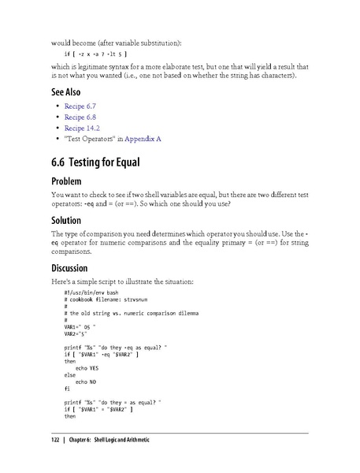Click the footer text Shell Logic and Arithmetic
pyautogui.click(x=121, y=439)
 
